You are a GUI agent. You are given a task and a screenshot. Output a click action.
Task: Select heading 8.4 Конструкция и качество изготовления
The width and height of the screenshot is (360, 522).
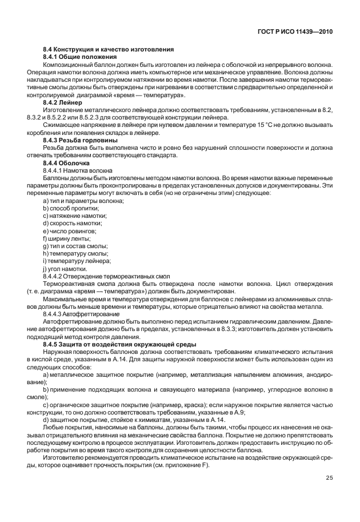point(109,50)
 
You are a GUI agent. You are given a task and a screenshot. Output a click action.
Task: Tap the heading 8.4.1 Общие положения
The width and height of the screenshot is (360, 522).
point(80,57)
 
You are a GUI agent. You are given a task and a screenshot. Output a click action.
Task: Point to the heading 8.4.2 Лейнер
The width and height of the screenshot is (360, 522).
point(63,102)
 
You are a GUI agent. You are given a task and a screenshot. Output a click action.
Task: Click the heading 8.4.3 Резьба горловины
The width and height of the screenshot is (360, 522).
point(81,140)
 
